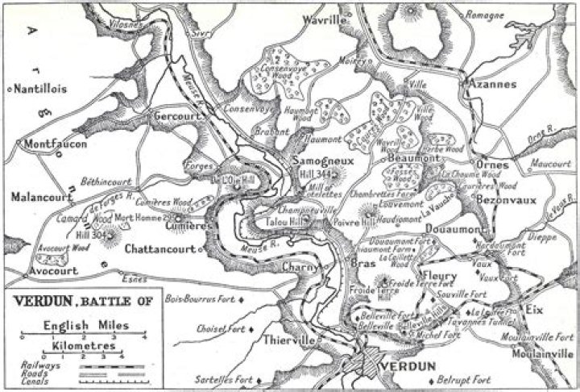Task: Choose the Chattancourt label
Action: coord(160,249)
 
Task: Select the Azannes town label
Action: coord(488,84)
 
